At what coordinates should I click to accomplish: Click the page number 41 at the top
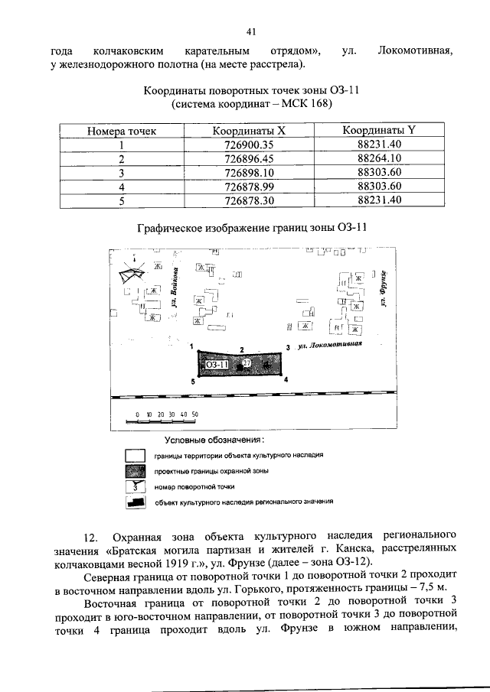250,31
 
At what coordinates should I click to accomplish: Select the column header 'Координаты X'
249,131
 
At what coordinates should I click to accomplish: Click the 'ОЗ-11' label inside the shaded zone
217,365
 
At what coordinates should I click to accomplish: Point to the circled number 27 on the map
247,365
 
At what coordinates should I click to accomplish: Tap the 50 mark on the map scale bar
195,414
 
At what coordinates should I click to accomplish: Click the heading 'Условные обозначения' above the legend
214,440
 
